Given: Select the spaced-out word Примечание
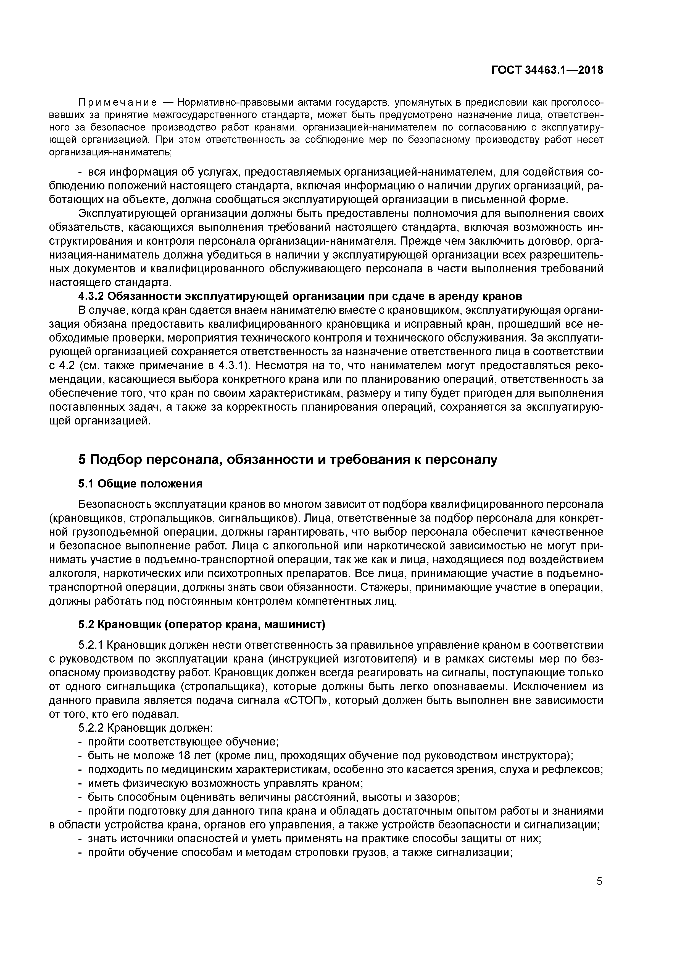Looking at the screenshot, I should [118, 103].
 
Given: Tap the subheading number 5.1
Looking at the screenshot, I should [86, 484].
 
